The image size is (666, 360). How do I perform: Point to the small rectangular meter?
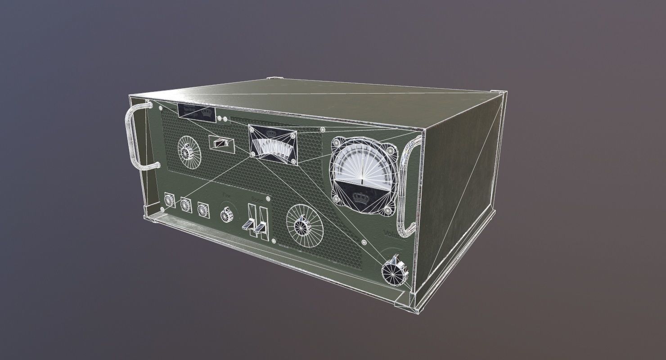[272, 144]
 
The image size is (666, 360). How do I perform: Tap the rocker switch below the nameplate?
[222, 143]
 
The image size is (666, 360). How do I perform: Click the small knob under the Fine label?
[228, 214]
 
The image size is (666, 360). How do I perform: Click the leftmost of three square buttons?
[170, 201]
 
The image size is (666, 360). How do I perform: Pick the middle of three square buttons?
[186, 205]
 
